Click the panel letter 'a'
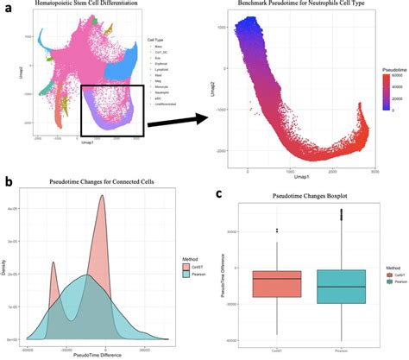[7, 8]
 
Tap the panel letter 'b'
[7, 182]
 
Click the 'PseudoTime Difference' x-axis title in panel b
[97, 354]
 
